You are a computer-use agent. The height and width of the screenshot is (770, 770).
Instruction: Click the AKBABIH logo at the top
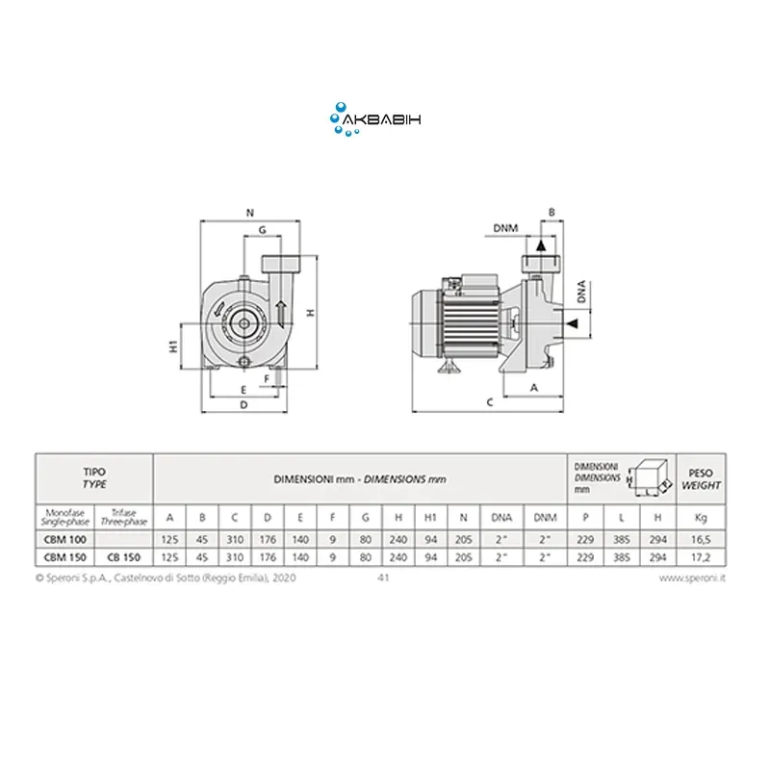click(x=375, y=119)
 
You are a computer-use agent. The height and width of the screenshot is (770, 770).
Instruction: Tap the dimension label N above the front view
click(x=250, y=213)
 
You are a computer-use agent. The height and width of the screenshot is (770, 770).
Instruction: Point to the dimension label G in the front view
click(x=262, y=230)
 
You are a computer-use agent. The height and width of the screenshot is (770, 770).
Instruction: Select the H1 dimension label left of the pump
click(x=173, y=346)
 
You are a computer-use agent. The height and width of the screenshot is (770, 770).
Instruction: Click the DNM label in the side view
click(x=505, y=228)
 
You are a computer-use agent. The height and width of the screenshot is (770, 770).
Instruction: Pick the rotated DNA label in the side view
click(x=582, y=292)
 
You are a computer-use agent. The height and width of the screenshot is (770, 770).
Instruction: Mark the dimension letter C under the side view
click(x=490, y=402)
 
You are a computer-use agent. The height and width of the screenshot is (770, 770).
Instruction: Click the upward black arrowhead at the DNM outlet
click(x=541, y=245)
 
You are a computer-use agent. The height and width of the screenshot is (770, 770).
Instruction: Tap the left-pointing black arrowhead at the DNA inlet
click(x=572, y=323)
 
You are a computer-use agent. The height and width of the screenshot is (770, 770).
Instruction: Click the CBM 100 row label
click(x=64, y=540)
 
